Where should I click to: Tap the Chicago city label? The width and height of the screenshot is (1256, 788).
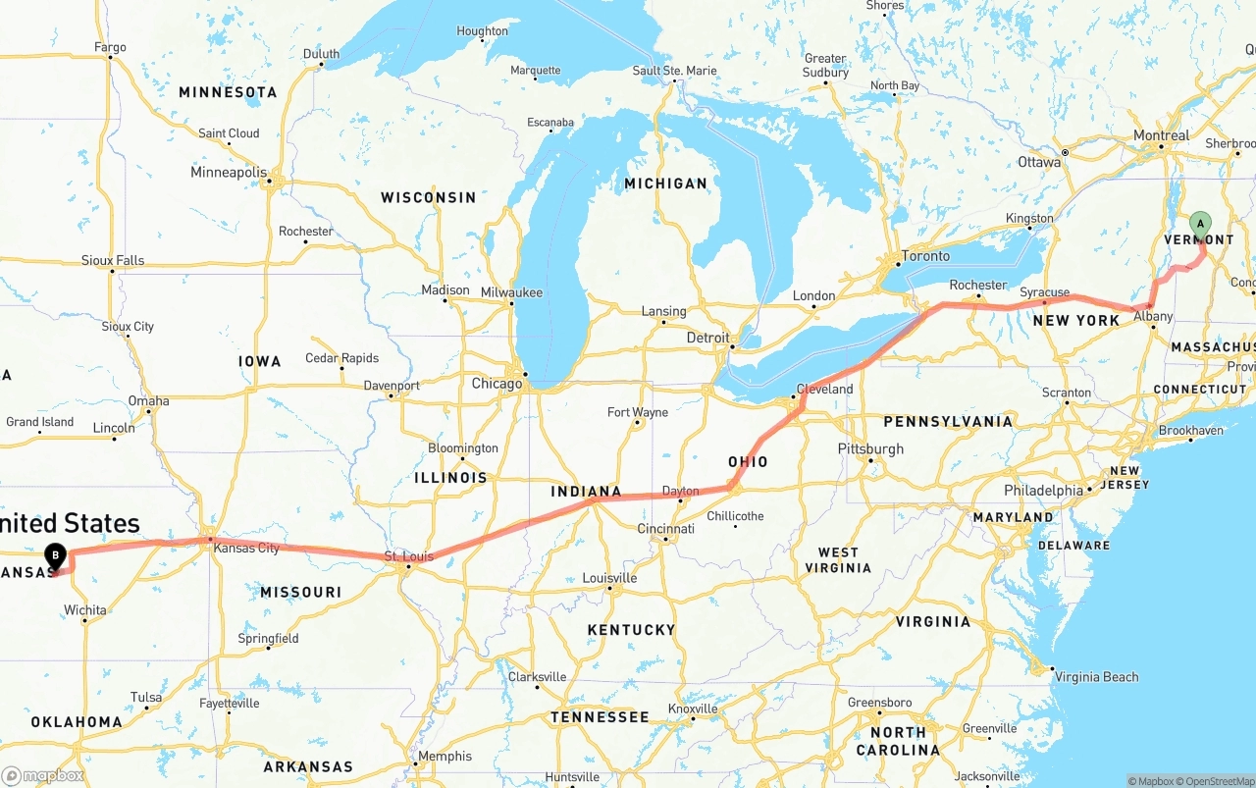pos(497,383)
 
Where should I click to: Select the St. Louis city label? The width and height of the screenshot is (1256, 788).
pos(408,556)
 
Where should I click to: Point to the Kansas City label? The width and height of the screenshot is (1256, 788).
pos(246,548)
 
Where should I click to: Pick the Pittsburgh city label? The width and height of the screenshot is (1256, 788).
pos(870,448)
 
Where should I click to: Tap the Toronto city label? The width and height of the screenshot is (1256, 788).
pos(925,256)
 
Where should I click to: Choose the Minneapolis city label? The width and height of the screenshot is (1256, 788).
pos(229,173)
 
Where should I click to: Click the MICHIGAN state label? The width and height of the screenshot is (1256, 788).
pos(665,183)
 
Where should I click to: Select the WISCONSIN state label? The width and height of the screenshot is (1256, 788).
pos(428,197)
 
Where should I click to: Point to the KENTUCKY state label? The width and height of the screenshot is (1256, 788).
pos(631,629)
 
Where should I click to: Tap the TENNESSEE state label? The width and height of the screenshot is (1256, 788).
pos(599,717)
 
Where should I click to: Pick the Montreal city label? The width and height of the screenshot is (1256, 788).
pos(1161,135)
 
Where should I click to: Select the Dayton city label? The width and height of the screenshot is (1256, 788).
pos(681,491)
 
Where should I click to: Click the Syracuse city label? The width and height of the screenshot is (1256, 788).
pos(1044,292)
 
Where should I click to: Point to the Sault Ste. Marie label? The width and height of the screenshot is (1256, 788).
pos(674,71)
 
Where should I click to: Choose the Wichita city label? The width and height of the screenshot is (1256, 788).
pos(85,609)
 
